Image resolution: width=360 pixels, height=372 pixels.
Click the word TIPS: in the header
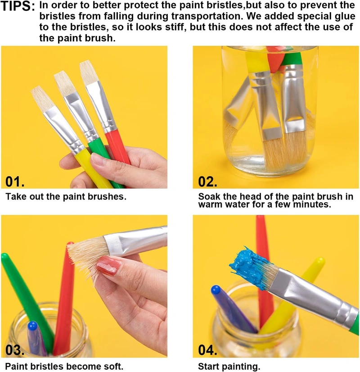[x=18, y=8]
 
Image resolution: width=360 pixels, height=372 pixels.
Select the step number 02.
[x=208, y=181]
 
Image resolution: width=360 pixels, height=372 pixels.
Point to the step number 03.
[x=15, y=350]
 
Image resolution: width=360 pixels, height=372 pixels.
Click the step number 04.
[x=208, y=350]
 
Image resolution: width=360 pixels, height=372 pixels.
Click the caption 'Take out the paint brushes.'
[x=66, y=197]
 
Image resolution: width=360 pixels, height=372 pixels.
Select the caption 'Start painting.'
[x=229, y=366]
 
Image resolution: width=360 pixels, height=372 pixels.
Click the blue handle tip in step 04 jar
[x=216, y=290]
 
